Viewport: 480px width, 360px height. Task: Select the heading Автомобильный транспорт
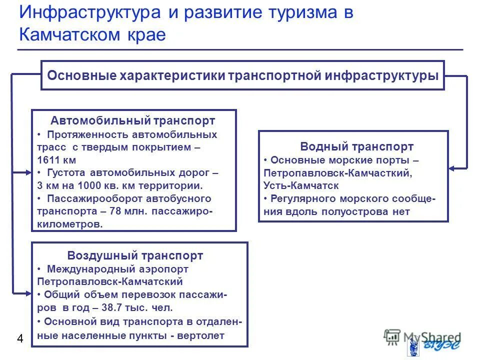[x=133, y=120]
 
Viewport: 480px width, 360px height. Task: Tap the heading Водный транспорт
[x=357, y=146]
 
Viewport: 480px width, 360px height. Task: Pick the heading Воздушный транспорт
[x=135, y=255]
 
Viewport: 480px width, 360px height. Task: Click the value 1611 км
[x=56, y=160]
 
